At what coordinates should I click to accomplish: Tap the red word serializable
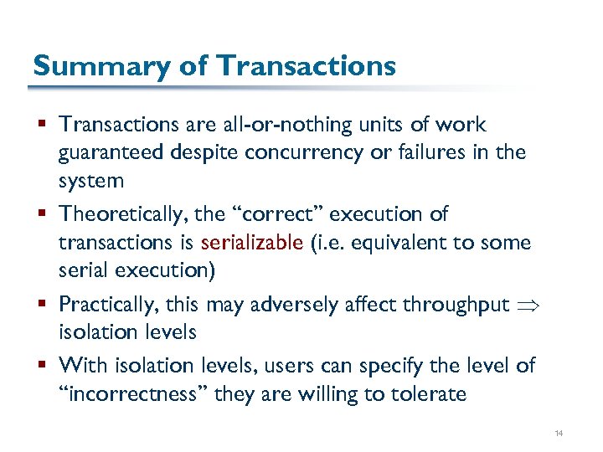[252, 243]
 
